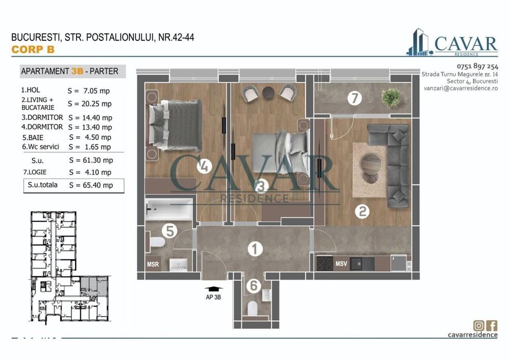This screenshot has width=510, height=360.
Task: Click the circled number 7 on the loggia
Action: coord(354,98)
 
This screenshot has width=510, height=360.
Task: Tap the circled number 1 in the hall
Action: coord(253,249)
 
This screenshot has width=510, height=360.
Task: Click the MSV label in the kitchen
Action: coord(342,264)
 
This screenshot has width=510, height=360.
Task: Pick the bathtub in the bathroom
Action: coord(168,207)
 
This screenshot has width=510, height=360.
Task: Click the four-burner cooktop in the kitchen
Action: coord(325,263)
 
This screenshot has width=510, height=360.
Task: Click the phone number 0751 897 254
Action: coord(477,66)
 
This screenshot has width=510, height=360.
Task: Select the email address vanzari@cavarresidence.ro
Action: coord(461,88)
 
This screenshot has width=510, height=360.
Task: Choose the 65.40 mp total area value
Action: coord(91,185)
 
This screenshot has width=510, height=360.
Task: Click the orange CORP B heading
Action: coord(32,49)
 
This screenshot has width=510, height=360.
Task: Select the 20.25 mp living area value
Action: coord(90,104)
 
